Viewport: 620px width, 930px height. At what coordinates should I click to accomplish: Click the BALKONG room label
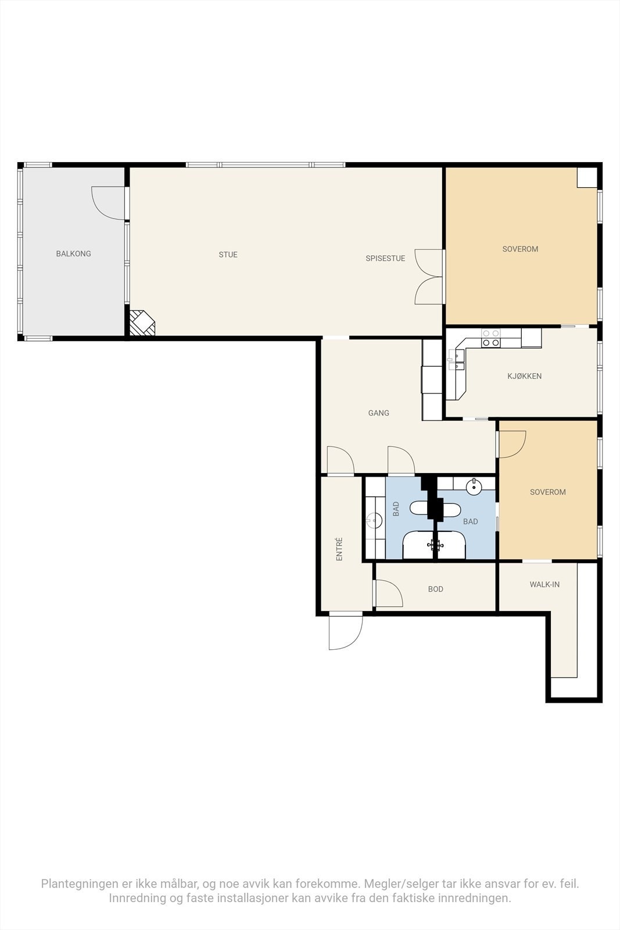73,254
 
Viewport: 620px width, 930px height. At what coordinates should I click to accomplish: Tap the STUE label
228,255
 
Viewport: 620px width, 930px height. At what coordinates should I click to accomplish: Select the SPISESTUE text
385,259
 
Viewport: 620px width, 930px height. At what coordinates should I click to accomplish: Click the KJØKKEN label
524,376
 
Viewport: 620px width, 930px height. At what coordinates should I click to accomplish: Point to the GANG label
378,413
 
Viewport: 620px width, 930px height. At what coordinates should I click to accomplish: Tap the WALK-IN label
544,584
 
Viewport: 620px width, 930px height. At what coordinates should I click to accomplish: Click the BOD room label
435,589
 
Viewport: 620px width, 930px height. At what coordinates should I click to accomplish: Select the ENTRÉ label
339,549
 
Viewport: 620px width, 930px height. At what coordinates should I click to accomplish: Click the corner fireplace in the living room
141,323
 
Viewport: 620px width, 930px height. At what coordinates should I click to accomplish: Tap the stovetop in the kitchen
491,338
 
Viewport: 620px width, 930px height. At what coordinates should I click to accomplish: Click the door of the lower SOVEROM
512,444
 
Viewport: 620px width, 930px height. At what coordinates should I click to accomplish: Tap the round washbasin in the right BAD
475,486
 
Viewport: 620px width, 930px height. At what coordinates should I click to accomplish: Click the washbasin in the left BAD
374,520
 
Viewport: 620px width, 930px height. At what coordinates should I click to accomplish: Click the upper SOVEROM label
520,249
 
